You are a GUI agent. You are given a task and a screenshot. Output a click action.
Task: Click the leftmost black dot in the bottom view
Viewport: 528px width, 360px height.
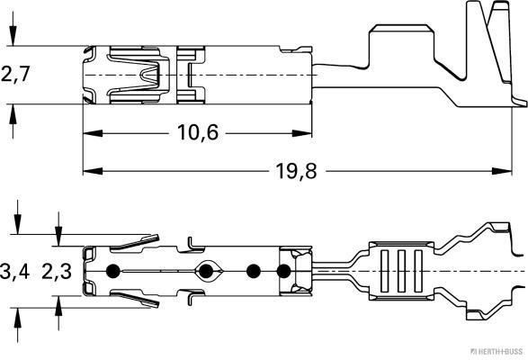pyautogui.click(x=112, y=271)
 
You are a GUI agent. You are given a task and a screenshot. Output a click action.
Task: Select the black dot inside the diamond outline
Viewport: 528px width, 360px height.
pyautogui.click(x=209, y=271)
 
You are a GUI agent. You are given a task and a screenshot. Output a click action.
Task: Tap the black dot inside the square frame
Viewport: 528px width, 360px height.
pyautogui.click(x=285, y=271)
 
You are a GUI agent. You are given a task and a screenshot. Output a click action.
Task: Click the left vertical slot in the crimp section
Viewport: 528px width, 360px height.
pyautogui.click(x=380, y=271)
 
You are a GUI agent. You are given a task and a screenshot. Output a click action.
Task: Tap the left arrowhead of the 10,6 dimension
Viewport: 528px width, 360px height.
pyautogui.click(x=90, y=133)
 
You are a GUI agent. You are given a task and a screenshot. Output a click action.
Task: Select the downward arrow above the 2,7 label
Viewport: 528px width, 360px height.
pyautogui.click(x=13, y=37)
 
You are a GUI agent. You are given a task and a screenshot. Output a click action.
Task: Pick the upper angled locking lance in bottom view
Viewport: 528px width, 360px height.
pyautogui.click(x=126, y=240)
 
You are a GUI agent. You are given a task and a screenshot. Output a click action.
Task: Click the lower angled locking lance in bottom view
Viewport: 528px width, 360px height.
pyautogui.click(x=126, y=300)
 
